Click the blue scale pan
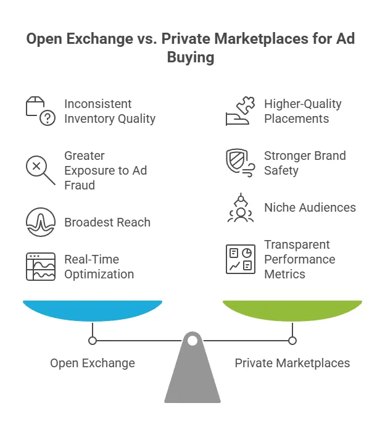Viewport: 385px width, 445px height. tap(93, 310)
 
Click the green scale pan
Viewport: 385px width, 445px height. tap(292, 310)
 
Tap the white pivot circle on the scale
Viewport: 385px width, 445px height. tap(192, 340)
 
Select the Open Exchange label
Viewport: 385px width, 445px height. tap(93, 363)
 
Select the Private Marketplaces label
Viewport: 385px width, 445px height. tap(292, 363)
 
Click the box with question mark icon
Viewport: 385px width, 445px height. tap(40, 111)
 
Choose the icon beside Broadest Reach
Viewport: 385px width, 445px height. tap(40, 222)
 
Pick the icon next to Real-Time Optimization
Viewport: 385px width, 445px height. tap(40, 267)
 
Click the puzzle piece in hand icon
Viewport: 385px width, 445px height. tap(238, 111)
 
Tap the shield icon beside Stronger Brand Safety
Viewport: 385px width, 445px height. tap(239, 162)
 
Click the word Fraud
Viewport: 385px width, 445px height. tap(80, 185)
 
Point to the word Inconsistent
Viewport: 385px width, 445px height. tap(98, 104)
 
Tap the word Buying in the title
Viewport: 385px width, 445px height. tap(192, 57)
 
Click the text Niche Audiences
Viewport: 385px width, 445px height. tap(310, 207)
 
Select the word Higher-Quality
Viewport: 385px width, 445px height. tap(302, 104)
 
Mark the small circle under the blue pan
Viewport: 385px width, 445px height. tap(93, 340)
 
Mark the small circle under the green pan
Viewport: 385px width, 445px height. tap(292, 340)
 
